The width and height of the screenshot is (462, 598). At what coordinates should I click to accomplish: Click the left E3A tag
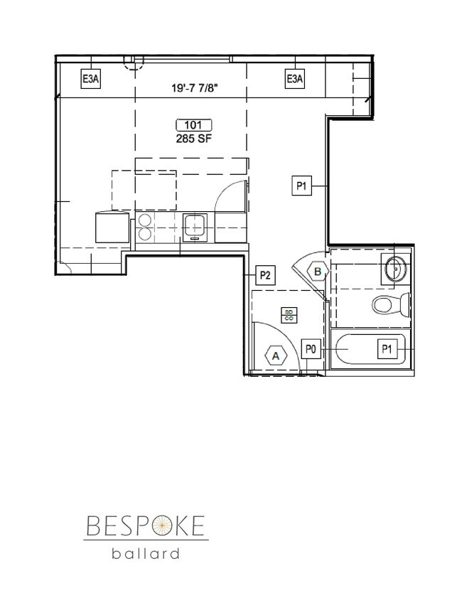90,80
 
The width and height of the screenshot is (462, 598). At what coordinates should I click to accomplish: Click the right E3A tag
294,80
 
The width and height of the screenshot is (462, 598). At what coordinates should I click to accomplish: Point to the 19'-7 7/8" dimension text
192,89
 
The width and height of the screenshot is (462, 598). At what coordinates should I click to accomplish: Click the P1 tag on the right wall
301,186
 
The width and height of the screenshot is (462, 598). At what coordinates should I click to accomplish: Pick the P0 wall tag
311,349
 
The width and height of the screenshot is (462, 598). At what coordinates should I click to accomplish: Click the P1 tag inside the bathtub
387,349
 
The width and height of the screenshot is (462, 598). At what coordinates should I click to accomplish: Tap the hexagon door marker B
318,271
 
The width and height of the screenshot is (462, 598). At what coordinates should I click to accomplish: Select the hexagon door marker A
275,355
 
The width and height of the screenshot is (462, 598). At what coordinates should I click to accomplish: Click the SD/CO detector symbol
289,315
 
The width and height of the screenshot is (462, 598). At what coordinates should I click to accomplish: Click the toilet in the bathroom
390,305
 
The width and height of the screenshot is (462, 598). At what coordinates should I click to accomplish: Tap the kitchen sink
194,227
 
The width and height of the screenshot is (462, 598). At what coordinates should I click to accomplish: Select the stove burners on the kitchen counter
144,227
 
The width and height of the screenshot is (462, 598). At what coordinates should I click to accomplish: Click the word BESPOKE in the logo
146,527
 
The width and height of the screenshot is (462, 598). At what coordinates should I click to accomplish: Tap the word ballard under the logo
146,552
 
